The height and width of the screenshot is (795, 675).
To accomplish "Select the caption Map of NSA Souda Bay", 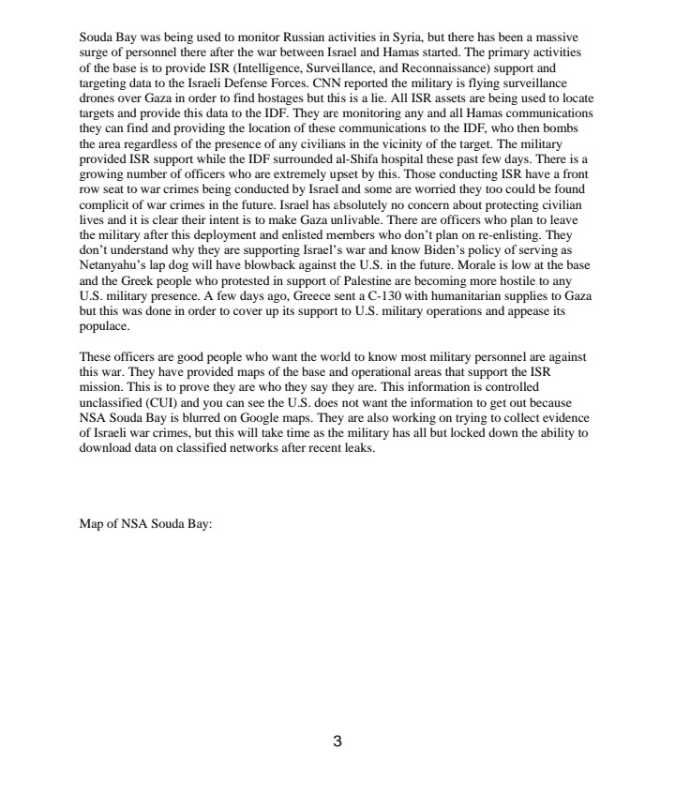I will point(146,524).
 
